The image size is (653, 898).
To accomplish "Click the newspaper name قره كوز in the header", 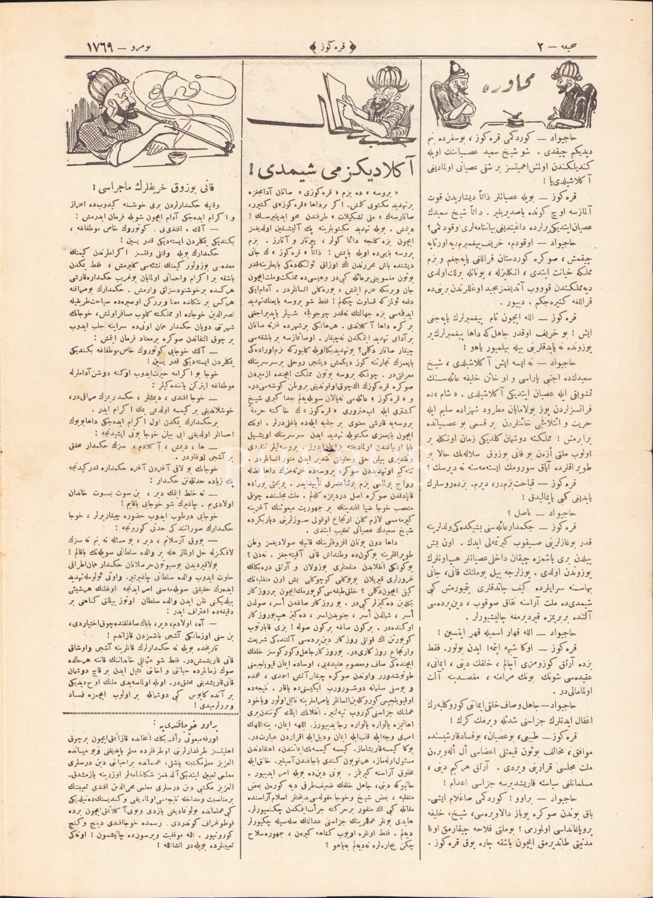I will point(327,47).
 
